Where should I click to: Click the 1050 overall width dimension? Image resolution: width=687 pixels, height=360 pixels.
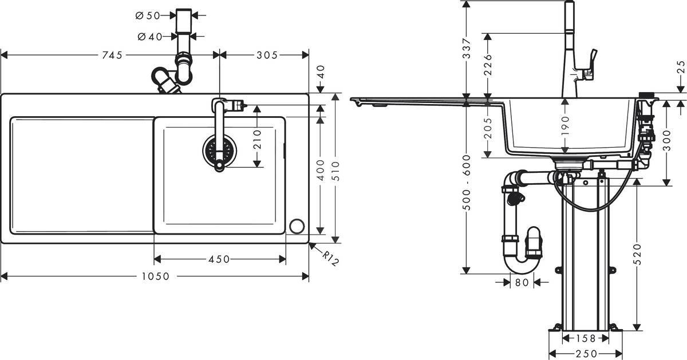[x=156, y=276]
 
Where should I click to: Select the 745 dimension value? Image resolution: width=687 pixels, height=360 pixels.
[x=112, y=55]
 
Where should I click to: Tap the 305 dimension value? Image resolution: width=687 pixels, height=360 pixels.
[x=266, y=55]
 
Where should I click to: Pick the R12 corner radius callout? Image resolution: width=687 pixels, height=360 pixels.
[x=330, y=258]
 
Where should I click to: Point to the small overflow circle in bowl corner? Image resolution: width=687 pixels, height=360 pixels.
[x=297, y=226]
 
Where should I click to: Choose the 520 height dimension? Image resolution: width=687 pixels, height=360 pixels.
[x=637, y=254]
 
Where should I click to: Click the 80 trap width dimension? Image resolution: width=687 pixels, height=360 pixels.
[x=522, y=282]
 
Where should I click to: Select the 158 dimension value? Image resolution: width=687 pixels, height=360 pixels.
[x=585, y=338]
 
